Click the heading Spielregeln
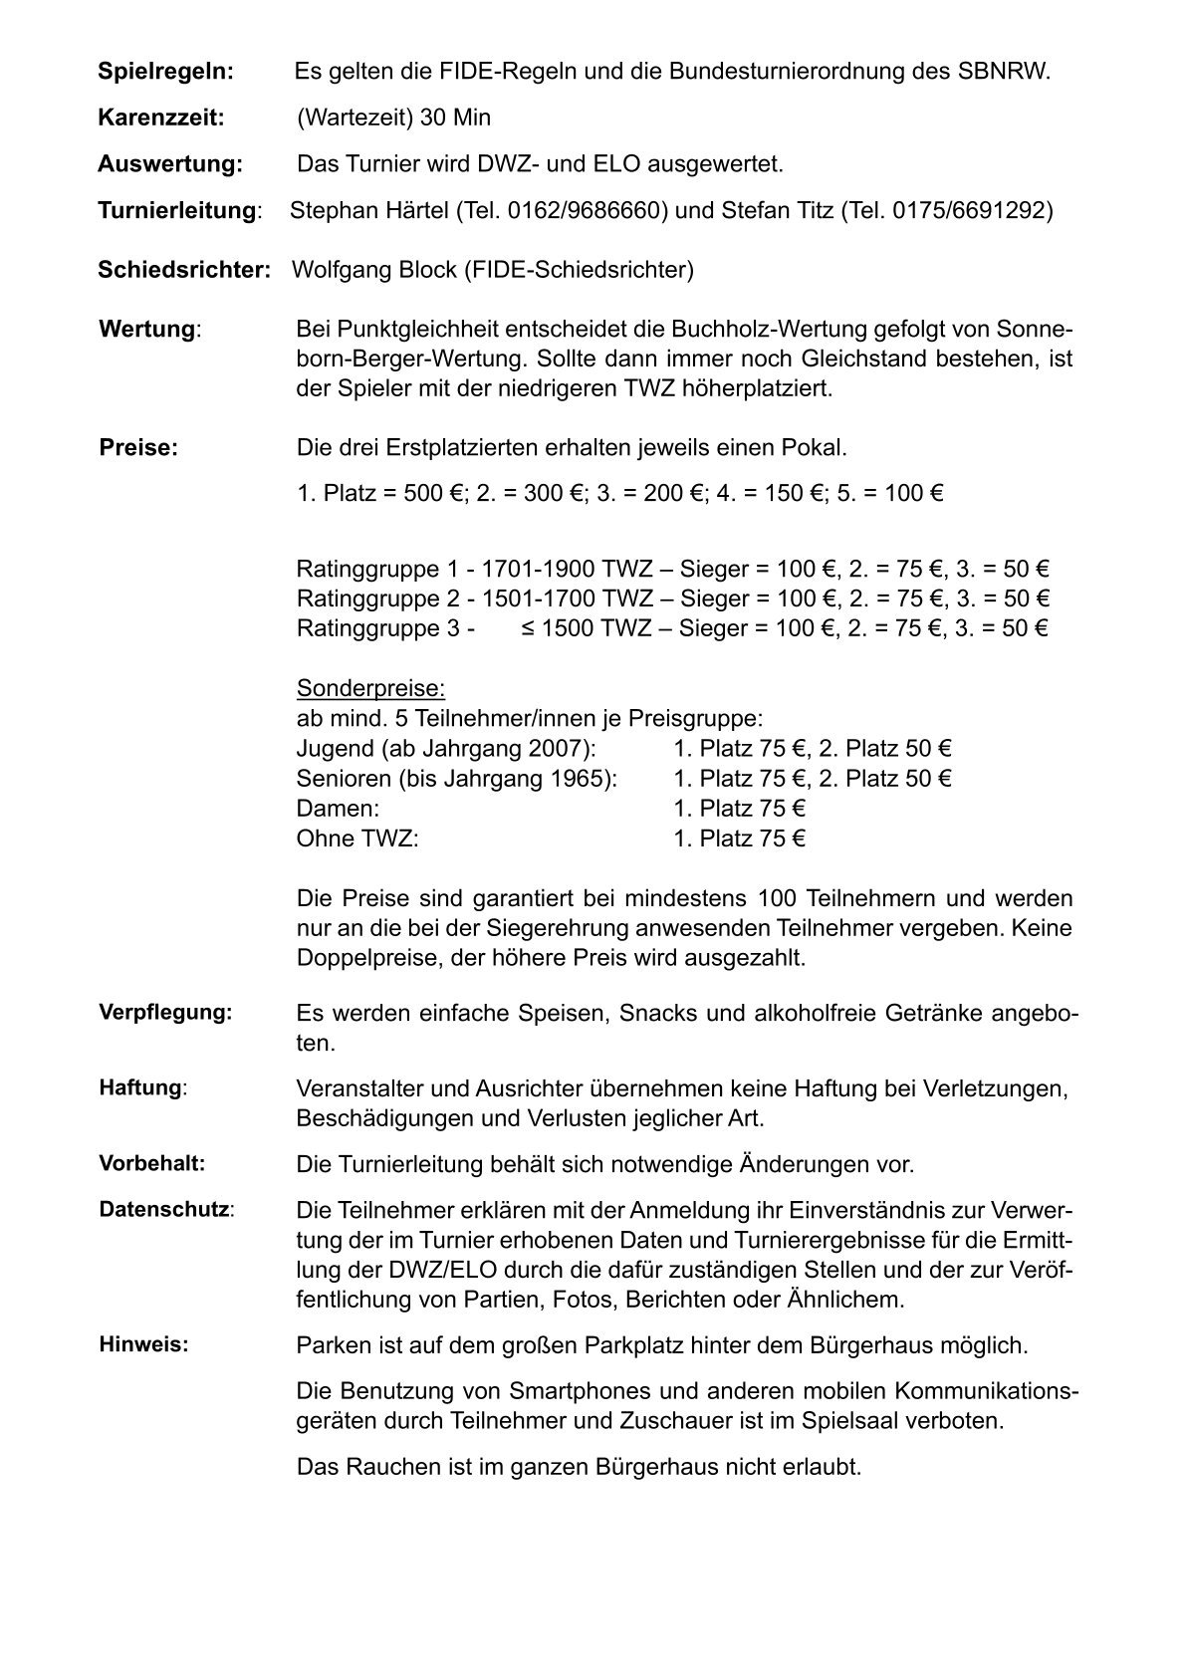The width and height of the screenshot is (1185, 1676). [165, 72]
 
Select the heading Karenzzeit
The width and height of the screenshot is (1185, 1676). [161, 118]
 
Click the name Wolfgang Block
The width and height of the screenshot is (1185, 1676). [371, 270]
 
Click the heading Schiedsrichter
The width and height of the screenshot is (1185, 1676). [183, 270]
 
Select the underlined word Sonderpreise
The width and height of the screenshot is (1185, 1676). [370, 689]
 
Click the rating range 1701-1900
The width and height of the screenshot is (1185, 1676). [538, 570]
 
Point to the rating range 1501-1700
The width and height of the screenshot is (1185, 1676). [538, 599]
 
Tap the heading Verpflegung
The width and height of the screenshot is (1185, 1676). [165, 1013]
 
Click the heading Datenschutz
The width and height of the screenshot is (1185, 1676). [164, 1210]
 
